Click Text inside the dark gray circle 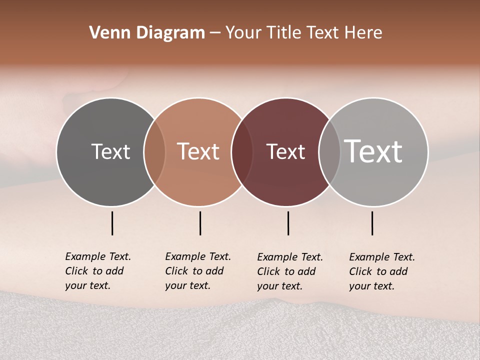tap(110, 151)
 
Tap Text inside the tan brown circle tap(198, 151)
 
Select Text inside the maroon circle tap(285, 151)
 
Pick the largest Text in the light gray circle tap(373, 151)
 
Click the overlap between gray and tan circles tap(154, 152)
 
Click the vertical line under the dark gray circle tap(112, 223)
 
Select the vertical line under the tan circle tap(200, 223)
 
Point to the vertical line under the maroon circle tap(288, 223)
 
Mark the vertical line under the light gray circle tap(372, 223)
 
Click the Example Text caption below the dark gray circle tap(98, 271)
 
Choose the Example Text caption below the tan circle tap(198, 271)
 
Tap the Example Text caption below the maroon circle tap(290, 271)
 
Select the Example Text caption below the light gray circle tap(382, 271)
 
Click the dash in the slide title tap(215, 33)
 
